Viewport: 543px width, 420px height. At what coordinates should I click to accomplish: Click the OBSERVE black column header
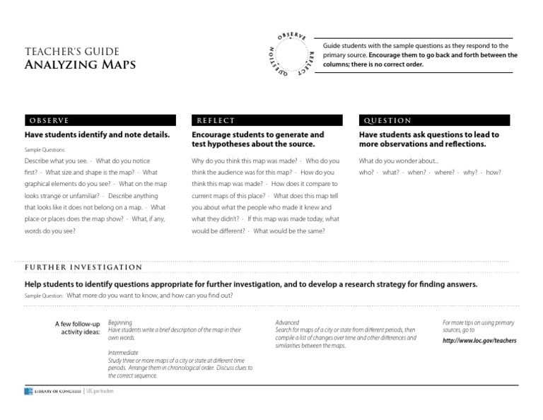coord(100,121)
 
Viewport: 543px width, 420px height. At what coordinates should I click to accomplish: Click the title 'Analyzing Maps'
coord(80,66)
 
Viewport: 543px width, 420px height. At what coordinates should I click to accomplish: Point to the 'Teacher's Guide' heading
coord(72,52)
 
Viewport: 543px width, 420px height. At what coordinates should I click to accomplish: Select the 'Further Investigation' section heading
coord(83,267)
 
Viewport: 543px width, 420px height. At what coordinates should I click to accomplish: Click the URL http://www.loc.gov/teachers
coord(479,340)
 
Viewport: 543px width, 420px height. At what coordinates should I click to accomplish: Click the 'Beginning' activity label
coord(119,322)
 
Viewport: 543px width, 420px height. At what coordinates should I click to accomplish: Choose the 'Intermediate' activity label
coord(123,352)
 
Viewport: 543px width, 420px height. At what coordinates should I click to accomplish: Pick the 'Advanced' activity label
coord(287,322)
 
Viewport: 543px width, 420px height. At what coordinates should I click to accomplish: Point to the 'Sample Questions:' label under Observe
coord(45,150)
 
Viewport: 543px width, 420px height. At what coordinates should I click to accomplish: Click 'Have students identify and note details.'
coord(98,134)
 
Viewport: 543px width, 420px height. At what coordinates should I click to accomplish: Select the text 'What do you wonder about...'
coord(399,161)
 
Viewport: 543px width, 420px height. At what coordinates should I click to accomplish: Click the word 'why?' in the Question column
coord(470,173)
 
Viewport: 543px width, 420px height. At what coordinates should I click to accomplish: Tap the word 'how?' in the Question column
coord(494,173)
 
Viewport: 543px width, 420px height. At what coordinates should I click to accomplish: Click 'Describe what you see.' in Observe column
coord(56,161)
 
